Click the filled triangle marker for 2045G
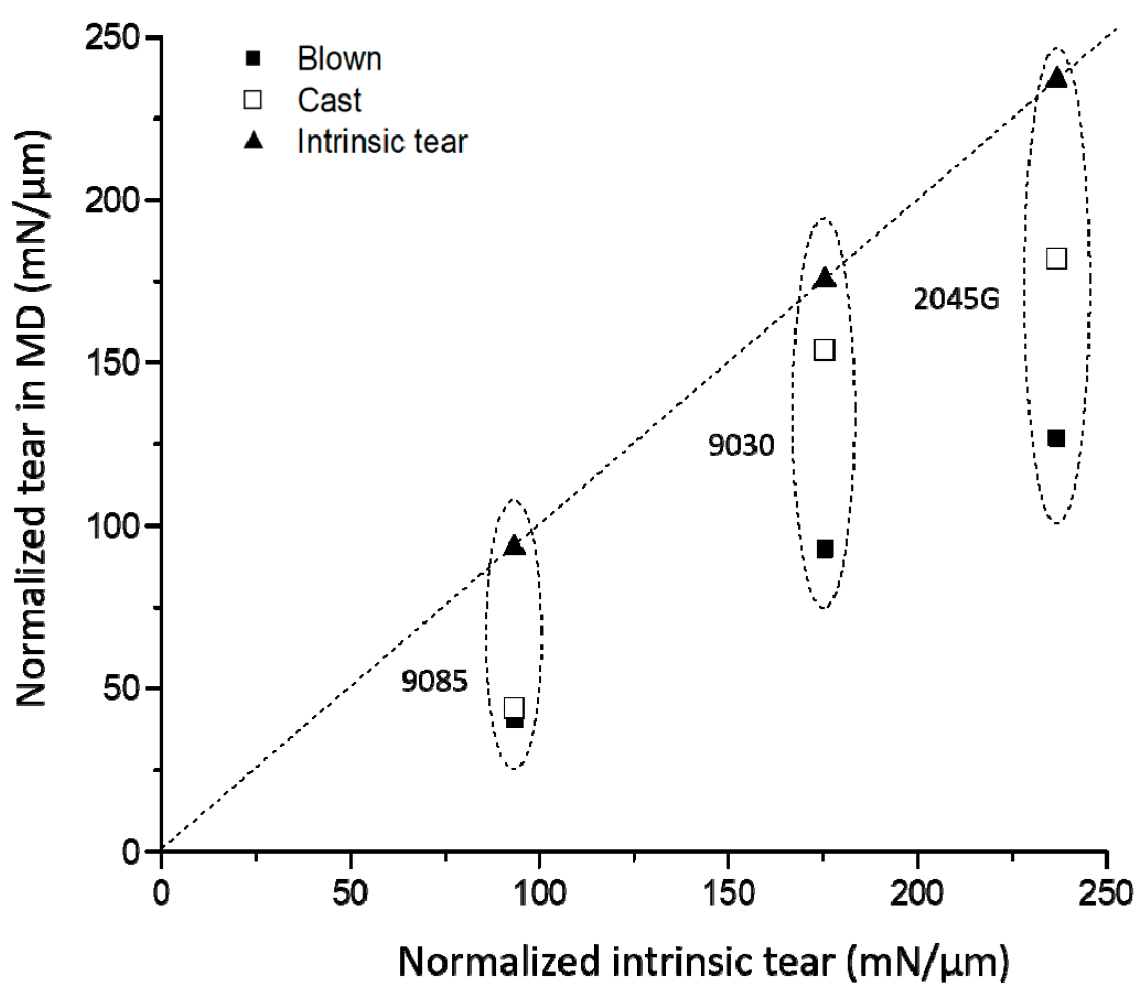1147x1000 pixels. tap(1057, 79)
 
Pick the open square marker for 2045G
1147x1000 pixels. tap(1057, 258)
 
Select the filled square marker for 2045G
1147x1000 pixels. tap(1056, 438)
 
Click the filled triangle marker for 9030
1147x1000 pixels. tap(825, 278)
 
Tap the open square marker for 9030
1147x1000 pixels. tap(825, 350)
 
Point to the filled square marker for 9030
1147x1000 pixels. tap(825, 549)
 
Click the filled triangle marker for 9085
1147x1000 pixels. tap(514, 546)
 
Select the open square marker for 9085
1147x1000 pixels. tap(514, 708)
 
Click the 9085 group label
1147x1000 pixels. tap(434, 681)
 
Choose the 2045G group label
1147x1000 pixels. tap(956, 300)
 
